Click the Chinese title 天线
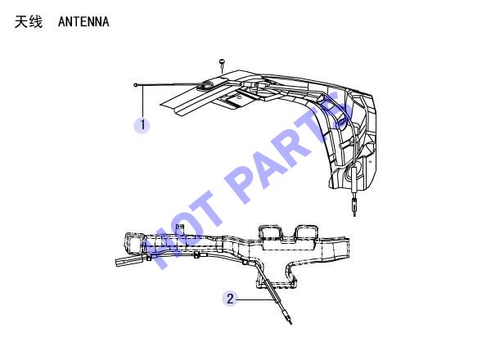tap(28, 22)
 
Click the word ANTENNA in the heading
tap(83, 22)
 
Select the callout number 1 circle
tap(142, 125)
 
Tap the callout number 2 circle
tap(230, 299)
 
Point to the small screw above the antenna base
tap(222, 63)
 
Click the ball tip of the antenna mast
tap(136, 85)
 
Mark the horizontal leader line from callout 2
tap(255, 299)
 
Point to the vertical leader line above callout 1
tap(143, 101)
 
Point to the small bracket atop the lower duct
tap(180, 227)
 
